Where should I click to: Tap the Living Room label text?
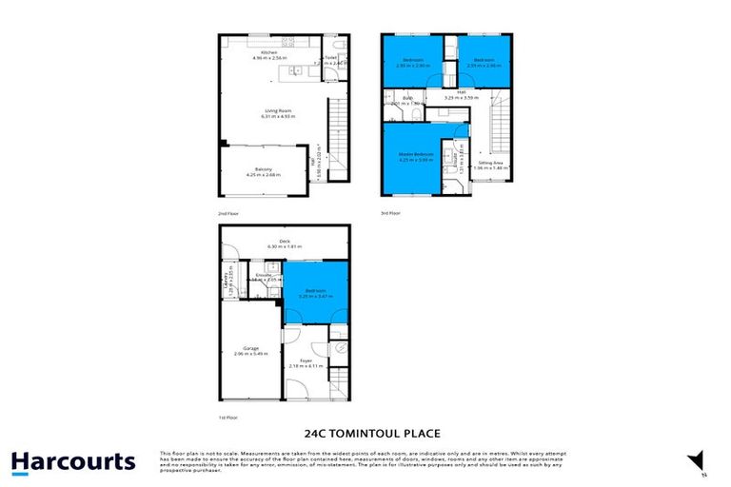(280, 111)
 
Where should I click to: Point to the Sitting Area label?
(491, 164)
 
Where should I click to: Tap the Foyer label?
(306, 361)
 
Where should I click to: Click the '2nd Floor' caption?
(229, 214)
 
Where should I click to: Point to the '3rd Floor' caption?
(391, 214)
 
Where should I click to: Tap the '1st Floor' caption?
(229, 417)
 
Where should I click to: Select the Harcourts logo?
(73, 462)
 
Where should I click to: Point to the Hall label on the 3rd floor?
(461, 93)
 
